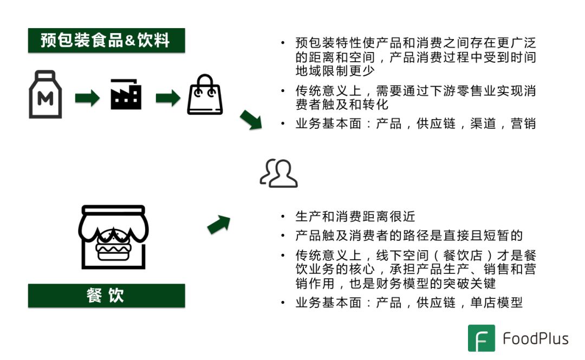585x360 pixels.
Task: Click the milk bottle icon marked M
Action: (x=45, y=95)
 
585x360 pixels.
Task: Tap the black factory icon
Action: (x=126, y=95)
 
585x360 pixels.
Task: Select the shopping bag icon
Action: (x=205, y=95)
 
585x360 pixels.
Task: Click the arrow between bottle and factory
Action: (x=87, y=98)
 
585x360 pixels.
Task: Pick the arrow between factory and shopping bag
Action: (x=167, y=98)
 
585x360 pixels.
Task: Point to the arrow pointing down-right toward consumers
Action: (x=251, y=120)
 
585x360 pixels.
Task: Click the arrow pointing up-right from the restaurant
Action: (x=218, y=224)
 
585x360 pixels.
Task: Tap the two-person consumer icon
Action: (x=279, y=173)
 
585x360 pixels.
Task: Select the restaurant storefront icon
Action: (x=112, y=236)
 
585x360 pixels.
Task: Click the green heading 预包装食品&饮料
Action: (x=106, y=41)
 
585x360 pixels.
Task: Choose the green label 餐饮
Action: (x=106, y=296)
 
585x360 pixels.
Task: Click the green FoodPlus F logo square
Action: (x=481, y=339)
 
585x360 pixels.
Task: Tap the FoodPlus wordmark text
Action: (x=535, y=339)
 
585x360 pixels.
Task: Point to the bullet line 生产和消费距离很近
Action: (x=355, y=217)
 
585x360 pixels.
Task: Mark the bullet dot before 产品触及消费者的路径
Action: (x=283, y=236)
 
